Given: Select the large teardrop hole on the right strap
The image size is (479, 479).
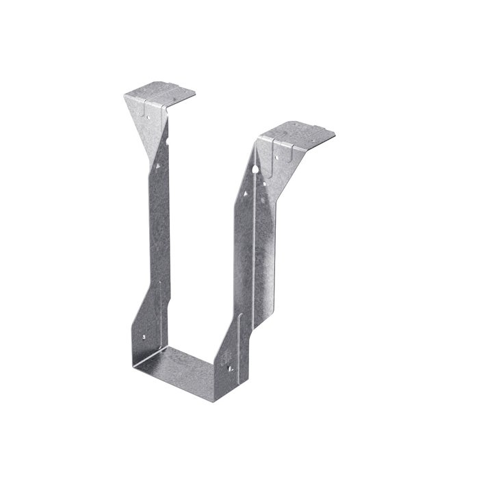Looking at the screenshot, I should point(255,167).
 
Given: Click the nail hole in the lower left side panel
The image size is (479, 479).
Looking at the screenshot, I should point(145,337).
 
